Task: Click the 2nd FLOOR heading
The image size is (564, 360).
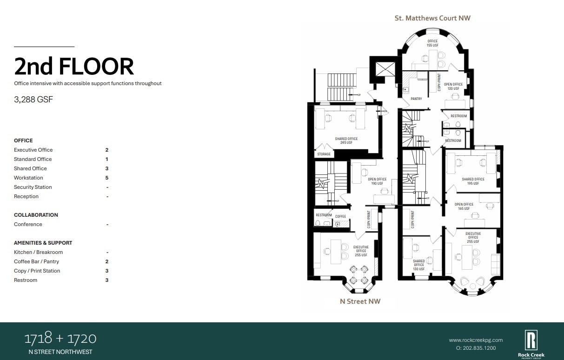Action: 74,66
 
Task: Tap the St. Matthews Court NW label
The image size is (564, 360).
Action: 432,18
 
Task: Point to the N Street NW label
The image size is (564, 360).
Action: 360,301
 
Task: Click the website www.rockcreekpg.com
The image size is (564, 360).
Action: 476,340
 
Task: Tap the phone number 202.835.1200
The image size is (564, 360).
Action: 476,348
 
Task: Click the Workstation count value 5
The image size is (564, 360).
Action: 107,178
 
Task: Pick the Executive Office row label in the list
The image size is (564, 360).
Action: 33,150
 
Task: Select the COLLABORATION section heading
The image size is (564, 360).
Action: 36,215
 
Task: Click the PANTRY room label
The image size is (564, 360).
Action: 416,99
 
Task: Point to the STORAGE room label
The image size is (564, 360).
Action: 324,154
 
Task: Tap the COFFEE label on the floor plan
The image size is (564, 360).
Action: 340,216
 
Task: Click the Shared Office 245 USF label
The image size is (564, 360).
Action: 346,140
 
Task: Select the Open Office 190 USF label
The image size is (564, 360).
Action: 377,181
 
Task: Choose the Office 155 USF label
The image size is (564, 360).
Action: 432,43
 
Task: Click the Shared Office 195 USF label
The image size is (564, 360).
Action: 473,181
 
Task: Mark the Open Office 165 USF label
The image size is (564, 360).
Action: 464,206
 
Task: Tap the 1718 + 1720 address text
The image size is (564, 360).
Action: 60,338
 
